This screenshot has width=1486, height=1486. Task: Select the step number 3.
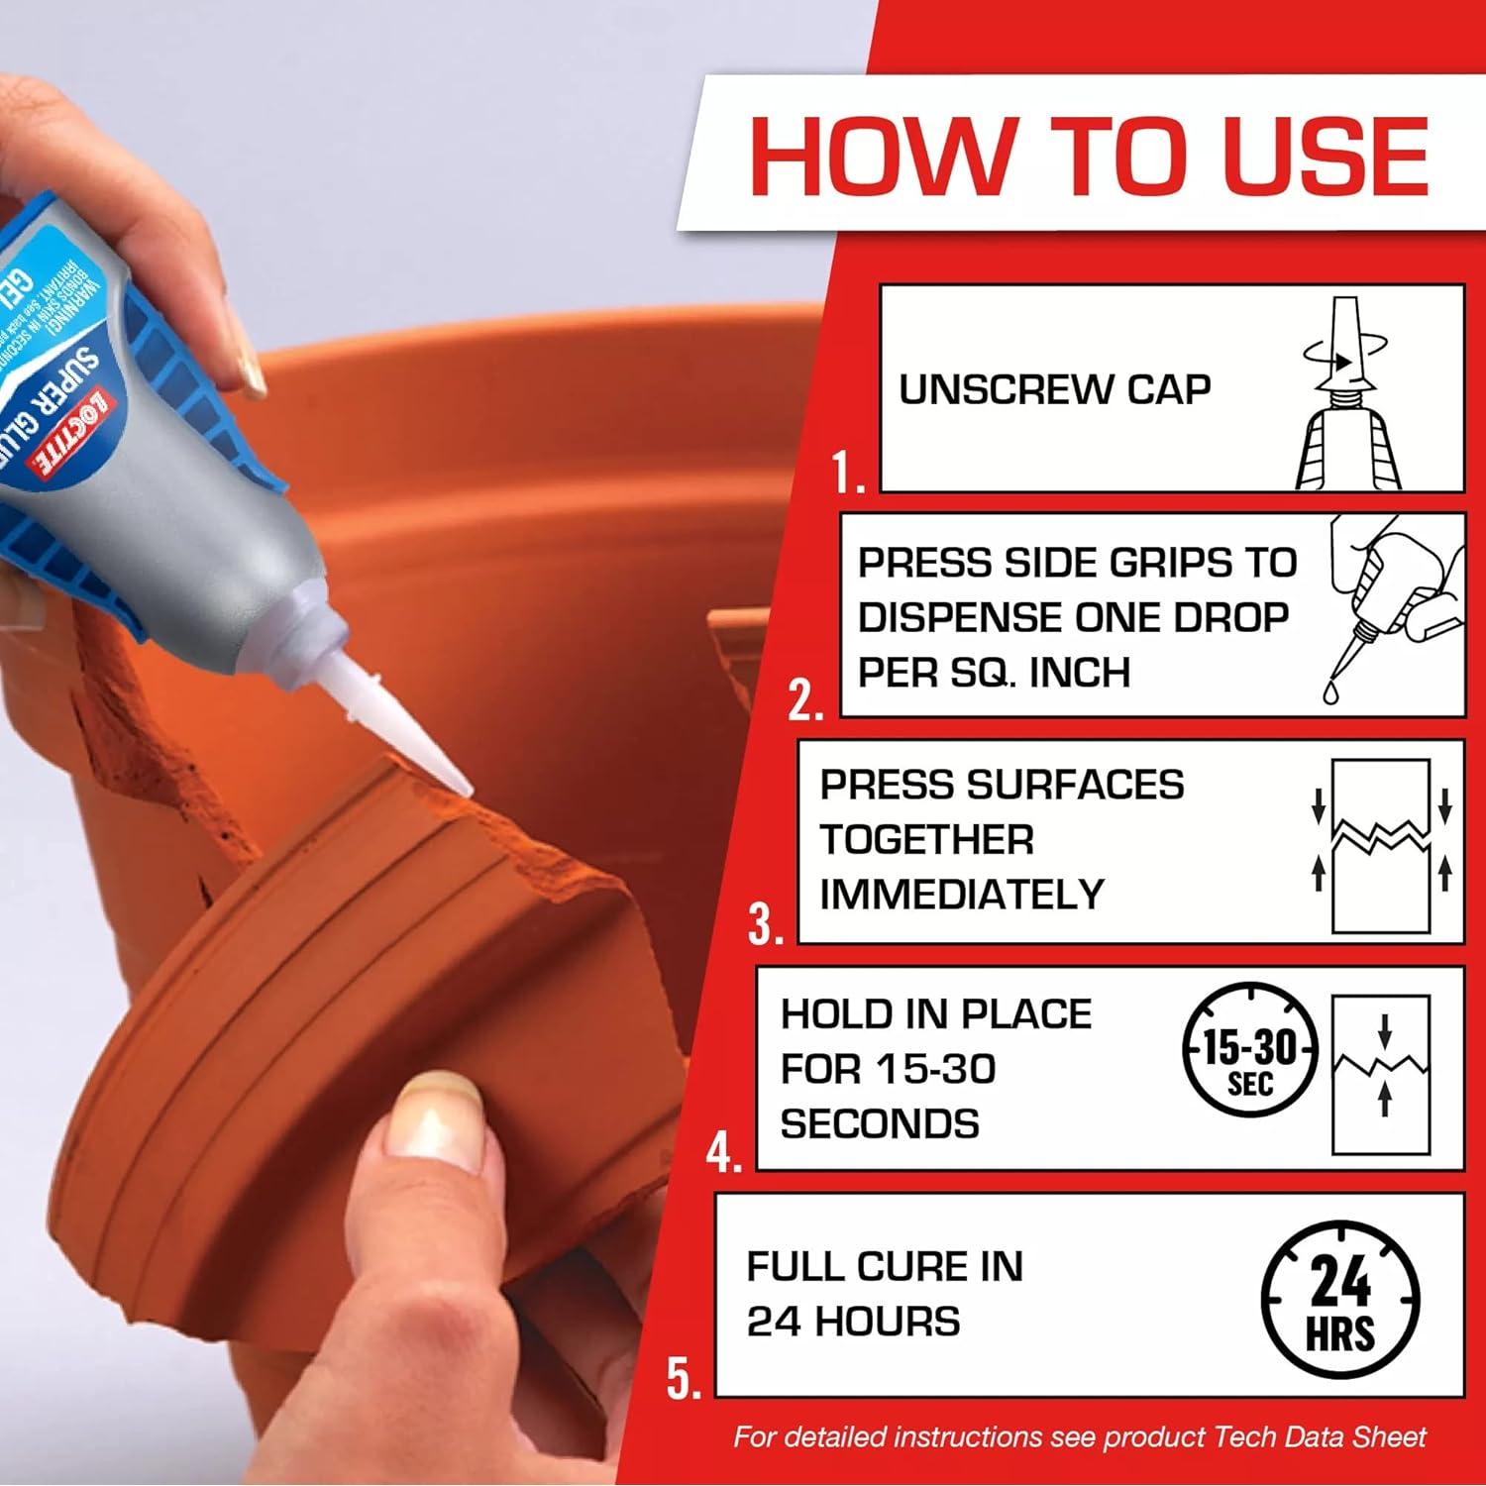(x=766, y=924)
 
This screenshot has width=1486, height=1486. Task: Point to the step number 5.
(x=683, y=1378)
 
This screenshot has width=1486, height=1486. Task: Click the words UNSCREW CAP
(x=1054, y=389)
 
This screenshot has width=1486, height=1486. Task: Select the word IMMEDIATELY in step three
(x=961, y=895)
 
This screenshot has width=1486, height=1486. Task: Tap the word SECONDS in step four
(x=880, y=1123)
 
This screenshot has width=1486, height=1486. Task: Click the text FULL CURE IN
(x=884, y=1266)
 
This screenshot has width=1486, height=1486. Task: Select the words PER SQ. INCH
(x=994, y=673)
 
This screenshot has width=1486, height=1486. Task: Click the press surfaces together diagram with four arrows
(x=1381, y=845)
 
